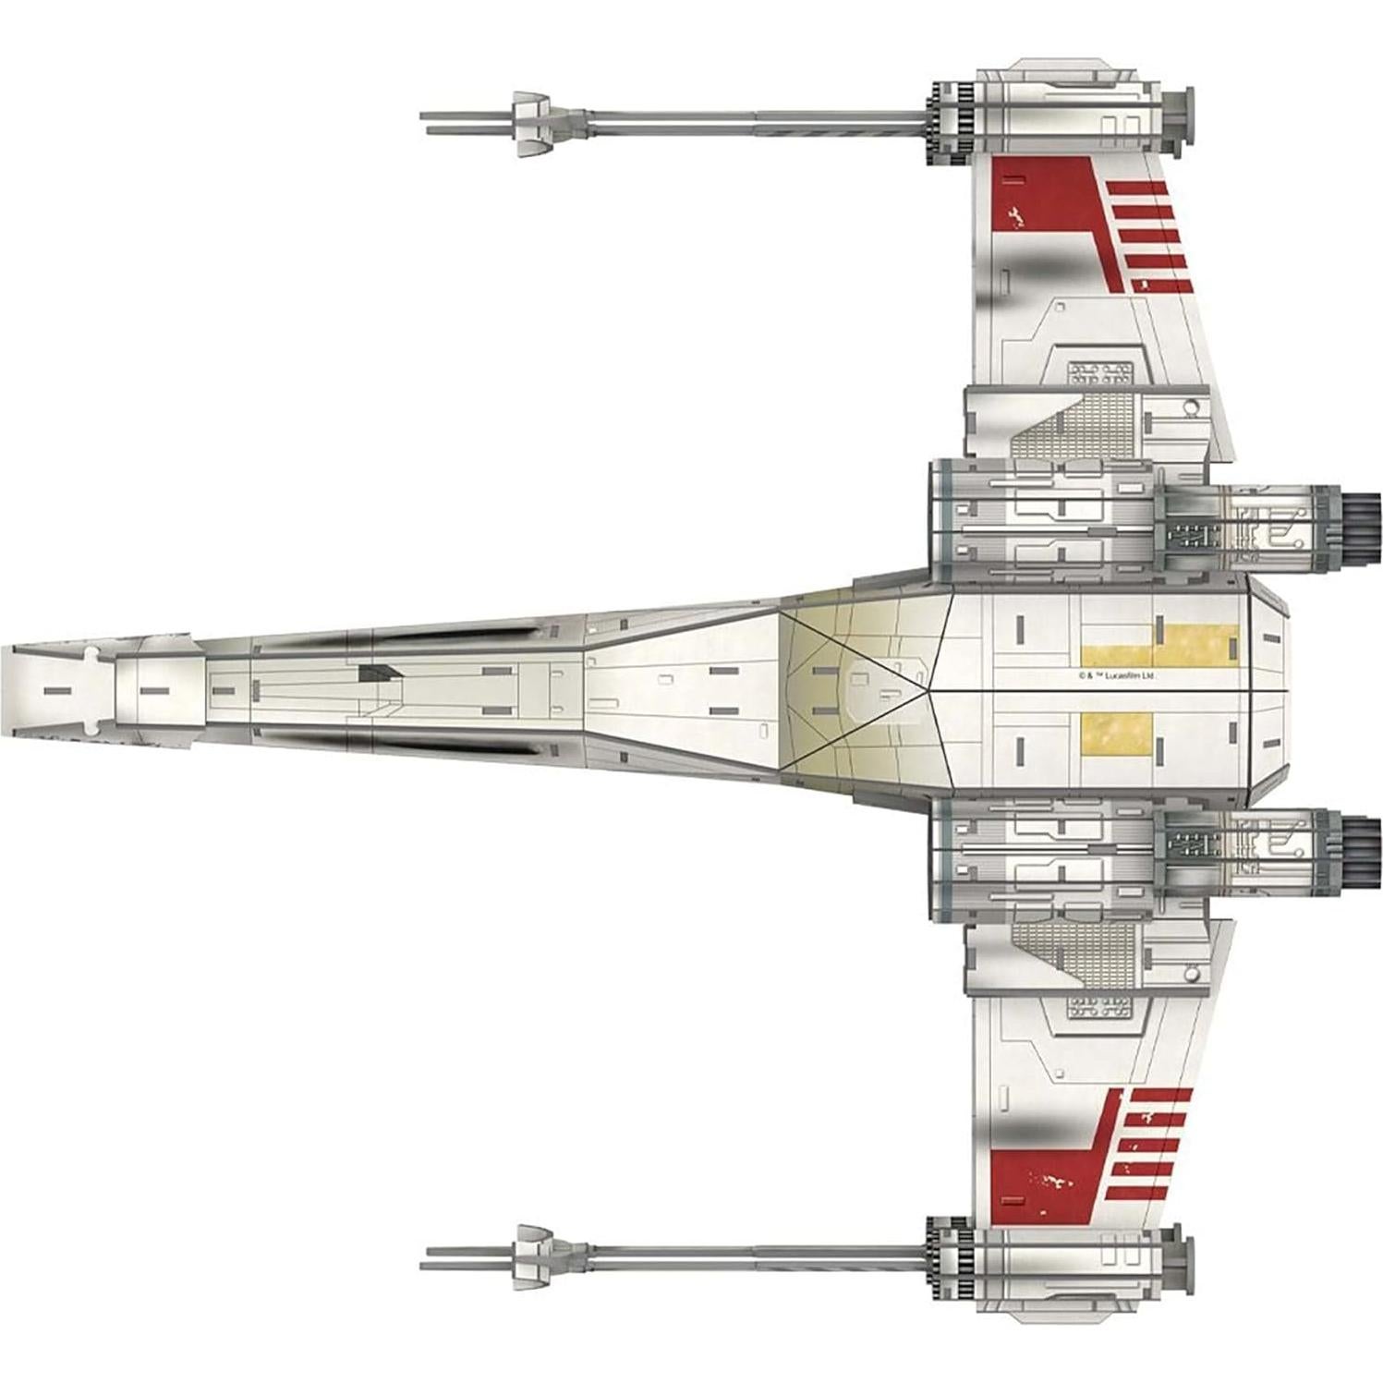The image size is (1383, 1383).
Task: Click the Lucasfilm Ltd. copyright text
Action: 1117,674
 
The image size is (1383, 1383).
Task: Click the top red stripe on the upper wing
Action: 1138,188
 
